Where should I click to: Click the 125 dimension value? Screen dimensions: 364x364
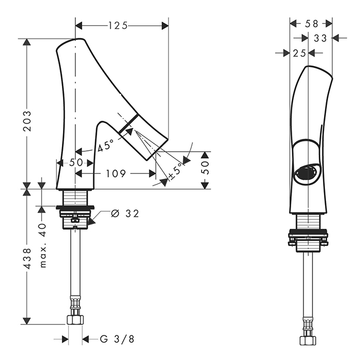pos(118,25)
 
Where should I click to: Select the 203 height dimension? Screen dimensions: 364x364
pos(28,120)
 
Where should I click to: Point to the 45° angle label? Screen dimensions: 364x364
pos(106,146)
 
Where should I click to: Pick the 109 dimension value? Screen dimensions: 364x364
pos(116,174)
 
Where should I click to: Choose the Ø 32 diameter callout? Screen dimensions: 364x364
pos(125,214)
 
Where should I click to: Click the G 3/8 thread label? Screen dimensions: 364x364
pos(117,340)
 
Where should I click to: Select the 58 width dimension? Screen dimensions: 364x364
pos(311,23)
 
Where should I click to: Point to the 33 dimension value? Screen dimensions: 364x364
pos(320,37)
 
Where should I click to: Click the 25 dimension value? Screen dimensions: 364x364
pos(298,53)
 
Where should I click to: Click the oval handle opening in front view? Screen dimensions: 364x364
pos(308,173)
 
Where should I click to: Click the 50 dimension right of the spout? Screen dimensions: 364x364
pos(205,167)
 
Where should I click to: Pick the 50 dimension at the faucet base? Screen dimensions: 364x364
pos(76,163)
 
